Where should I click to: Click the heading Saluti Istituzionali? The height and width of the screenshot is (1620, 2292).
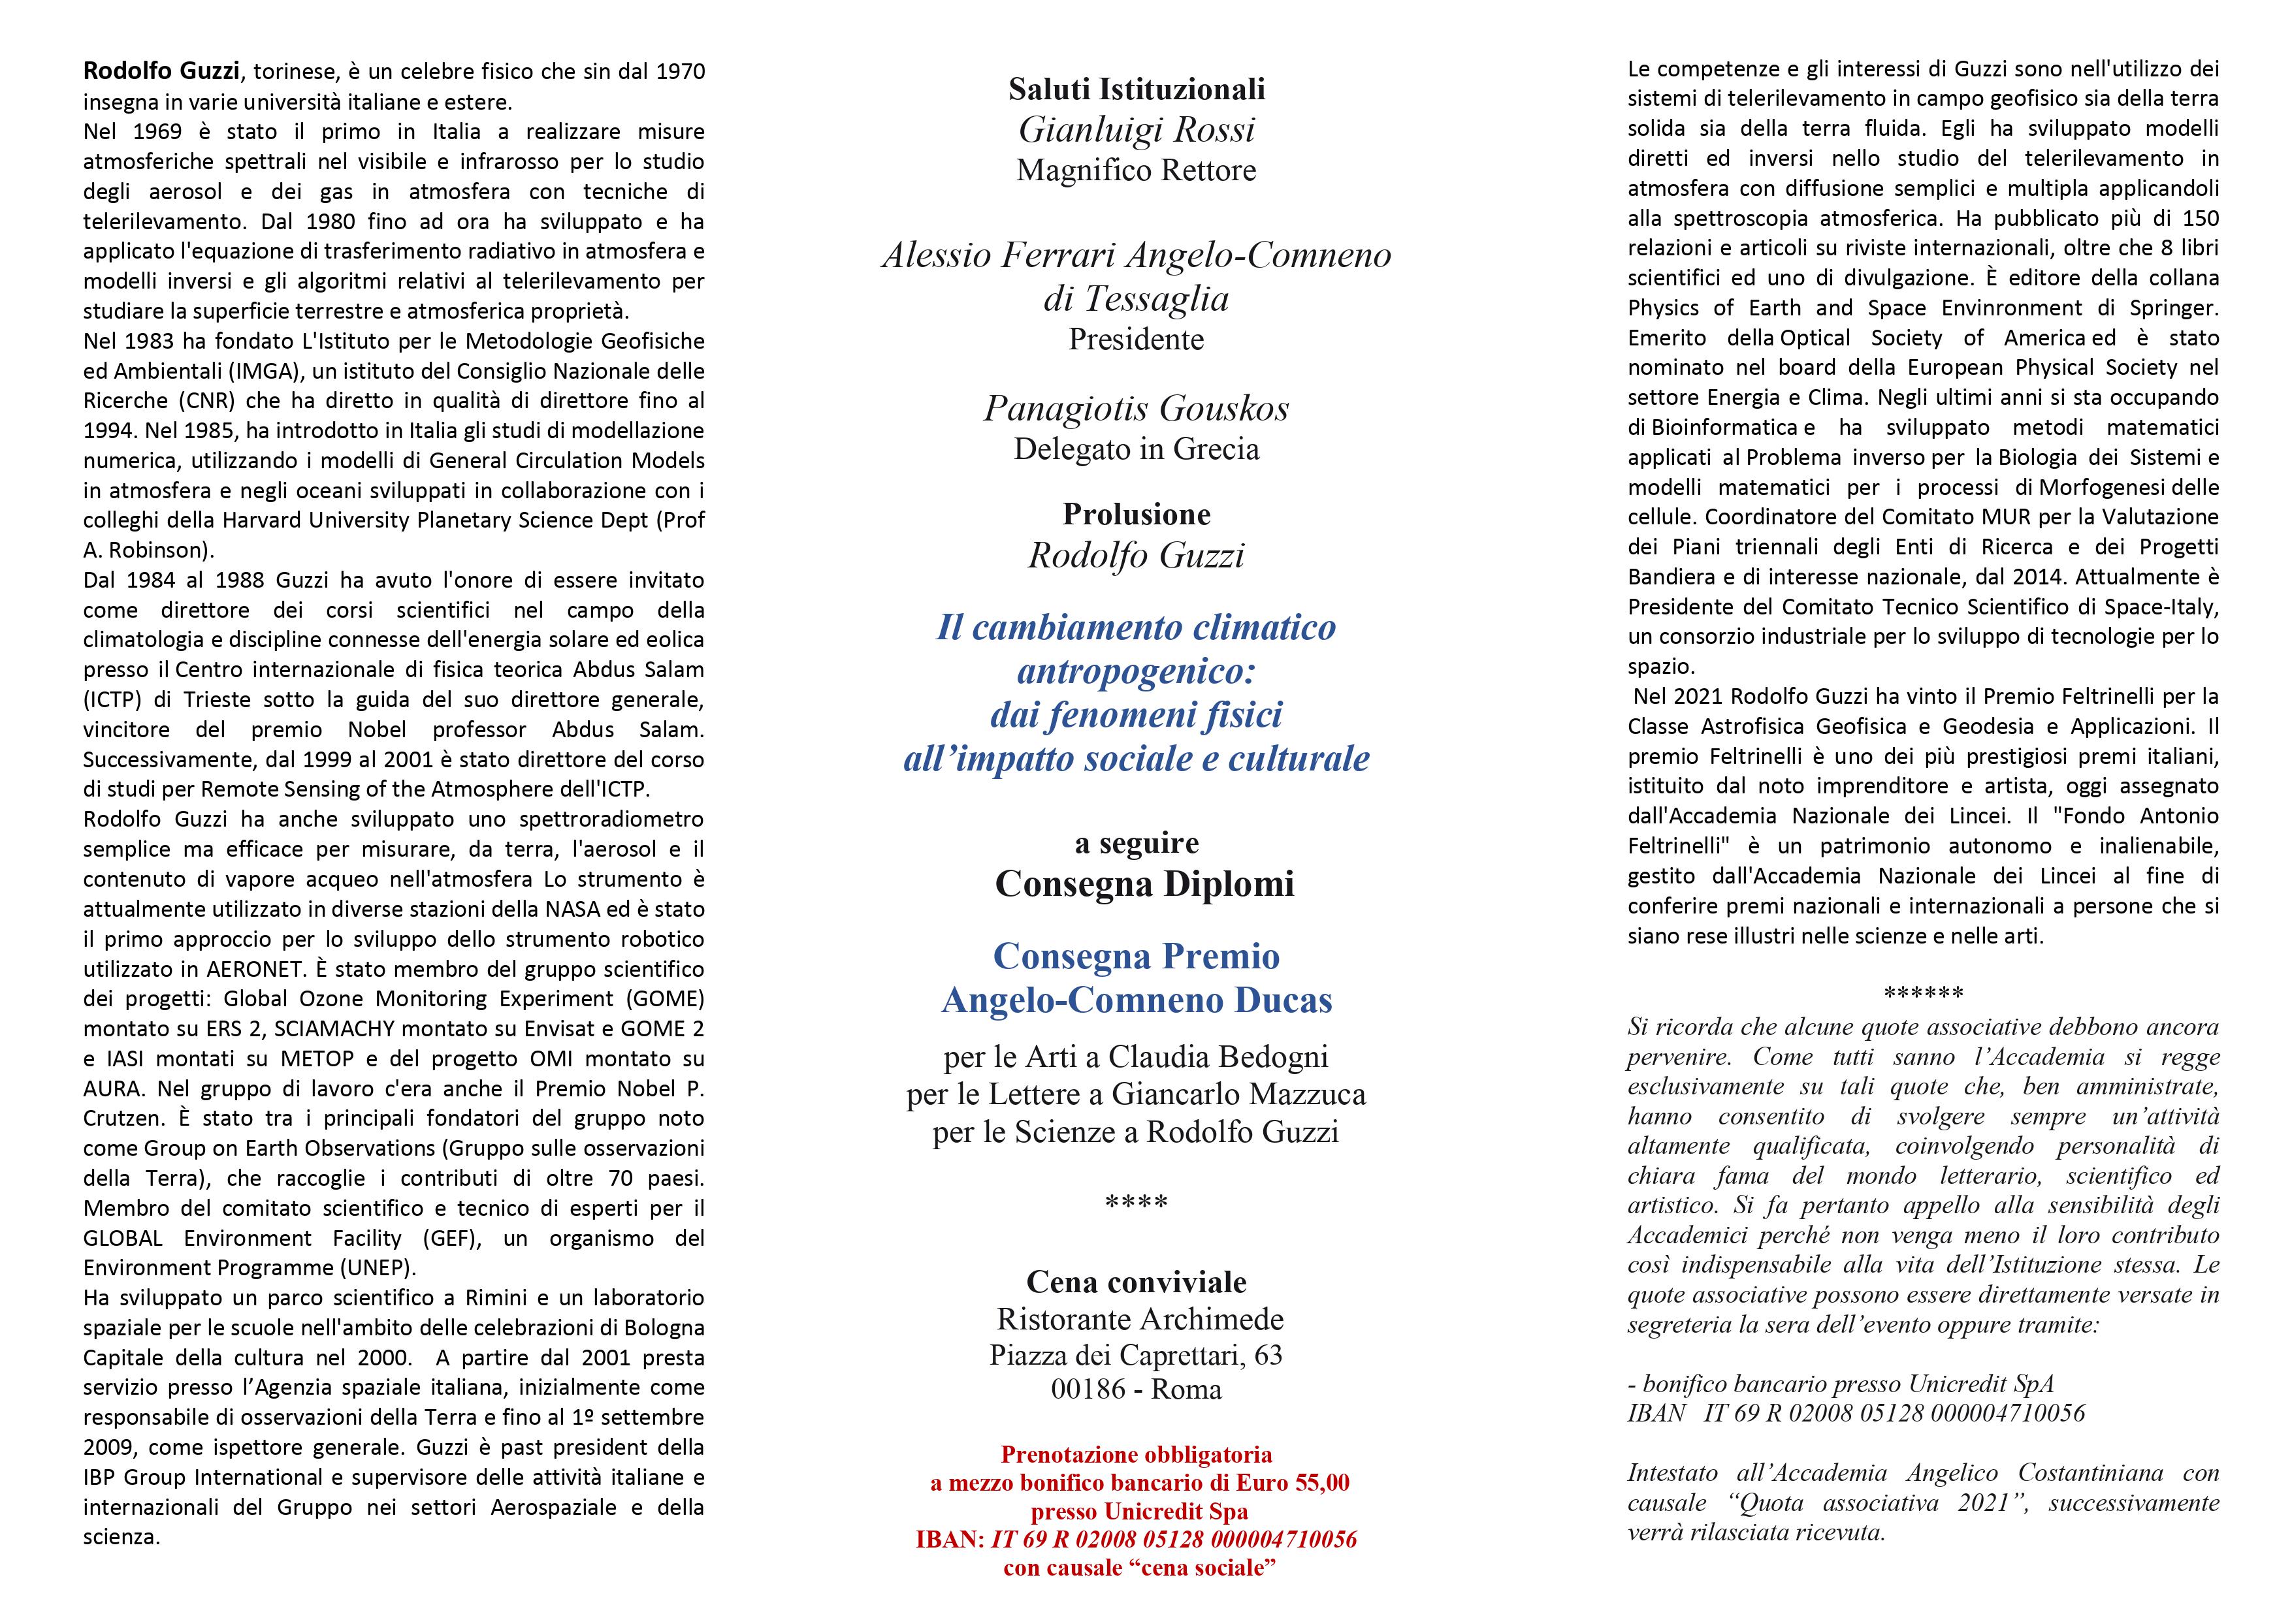(x=1136, y=89)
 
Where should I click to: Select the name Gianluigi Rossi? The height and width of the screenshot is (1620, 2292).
(x=1136, y=130)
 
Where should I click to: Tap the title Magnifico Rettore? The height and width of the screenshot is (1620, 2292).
(x=1136, y=170)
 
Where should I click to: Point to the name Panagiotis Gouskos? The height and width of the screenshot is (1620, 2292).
(x=1136, y=408)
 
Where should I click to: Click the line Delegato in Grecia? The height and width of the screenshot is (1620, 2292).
(x=1136, y=449)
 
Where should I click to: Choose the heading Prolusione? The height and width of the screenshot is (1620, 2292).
(x=1136, y=514)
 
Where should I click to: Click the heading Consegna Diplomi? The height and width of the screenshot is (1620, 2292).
(x=1144, y=883)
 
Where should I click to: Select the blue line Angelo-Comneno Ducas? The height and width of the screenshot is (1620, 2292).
(x=1136, y=1000)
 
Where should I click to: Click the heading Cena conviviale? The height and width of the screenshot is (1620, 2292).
(x=1136, y=1282)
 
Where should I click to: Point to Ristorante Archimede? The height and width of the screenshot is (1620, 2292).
(x=1140, y=1320)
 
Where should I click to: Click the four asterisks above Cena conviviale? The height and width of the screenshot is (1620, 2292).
(x=1136, y=1203)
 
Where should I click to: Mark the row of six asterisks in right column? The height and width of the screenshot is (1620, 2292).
(x=1923, y=994)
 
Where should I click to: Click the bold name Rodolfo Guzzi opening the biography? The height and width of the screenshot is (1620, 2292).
(x=162, y=71)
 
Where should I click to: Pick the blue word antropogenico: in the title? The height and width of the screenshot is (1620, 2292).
(x=1136, y=672)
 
